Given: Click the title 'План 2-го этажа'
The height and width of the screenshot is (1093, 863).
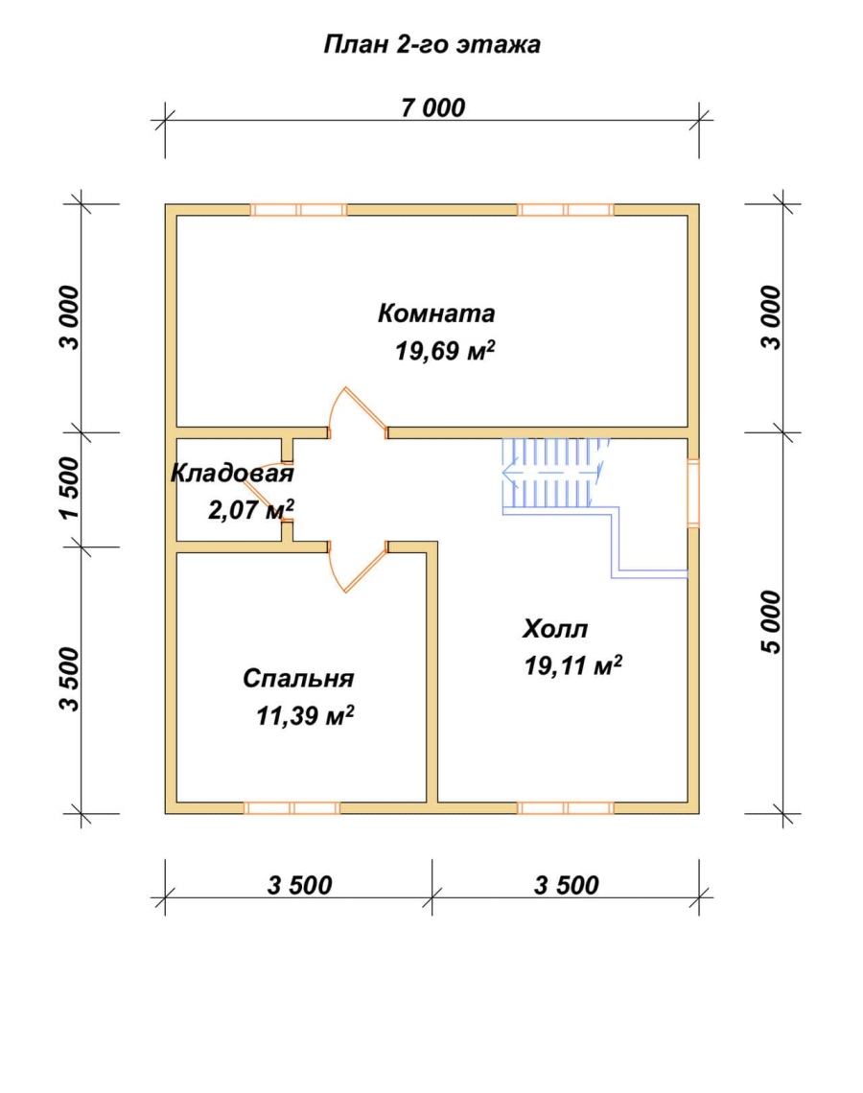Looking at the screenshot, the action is pos(432,45).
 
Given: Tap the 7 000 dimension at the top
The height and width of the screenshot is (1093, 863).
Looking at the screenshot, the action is pos(432,108).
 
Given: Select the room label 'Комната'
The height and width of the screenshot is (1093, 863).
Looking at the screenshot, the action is pos(436,314).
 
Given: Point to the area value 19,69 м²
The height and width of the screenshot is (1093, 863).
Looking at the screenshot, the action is pos(445,351).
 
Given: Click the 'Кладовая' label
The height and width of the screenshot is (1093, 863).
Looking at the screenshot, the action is pos(232,474).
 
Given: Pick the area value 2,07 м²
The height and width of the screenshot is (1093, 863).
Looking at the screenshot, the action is pos(251,509).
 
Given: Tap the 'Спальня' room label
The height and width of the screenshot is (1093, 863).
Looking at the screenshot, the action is pos(298,678).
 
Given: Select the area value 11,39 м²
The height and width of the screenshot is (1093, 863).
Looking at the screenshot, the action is pos(305,716).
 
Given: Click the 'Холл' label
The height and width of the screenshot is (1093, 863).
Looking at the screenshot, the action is pos(555,629).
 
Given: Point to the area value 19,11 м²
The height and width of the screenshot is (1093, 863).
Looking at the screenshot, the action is pos(573,666).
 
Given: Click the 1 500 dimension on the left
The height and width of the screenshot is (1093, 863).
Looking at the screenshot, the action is pos(70,488).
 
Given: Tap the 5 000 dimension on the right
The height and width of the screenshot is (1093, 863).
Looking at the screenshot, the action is pos(772,622).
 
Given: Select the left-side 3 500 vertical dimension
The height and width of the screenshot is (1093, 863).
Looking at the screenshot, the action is pos(70,680).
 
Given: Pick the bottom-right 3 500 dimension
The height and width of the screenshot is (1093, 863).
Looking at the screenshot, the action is pos(567,885).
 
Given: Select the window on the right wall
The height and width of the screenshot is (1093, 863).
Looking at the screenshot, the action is pos(693,493).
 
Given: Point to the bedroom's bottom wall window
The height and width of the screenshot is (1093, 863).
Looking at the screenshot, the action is pos(292,808).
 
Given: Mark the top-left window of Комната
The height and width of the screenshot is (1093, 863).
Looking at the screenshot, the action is pos(298,210).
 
